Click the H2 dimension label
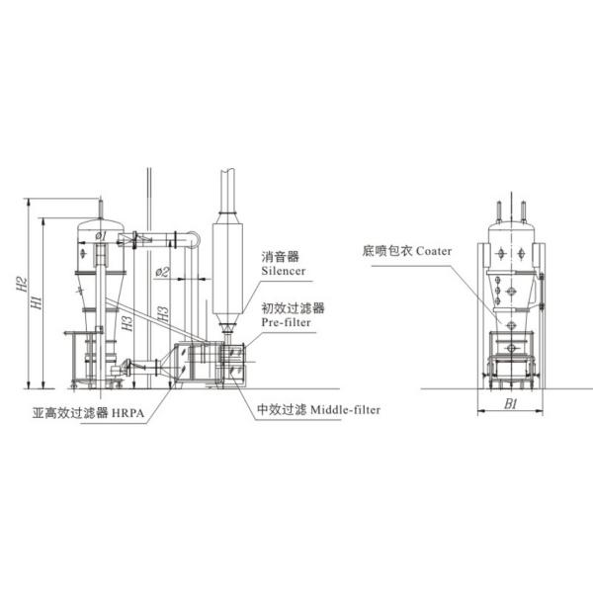[22, 284]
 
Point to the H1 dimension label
[37, 302]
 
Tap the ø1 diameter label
[101, 236]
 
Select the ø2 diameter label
[163, 272]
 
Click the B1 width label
[511, 404]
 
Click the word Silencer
[284, 271]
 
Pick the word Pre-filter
[286, 322]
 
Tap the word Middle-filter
[345, 409]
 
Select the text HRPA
[127, 412]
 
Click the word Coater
[434, 251]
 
